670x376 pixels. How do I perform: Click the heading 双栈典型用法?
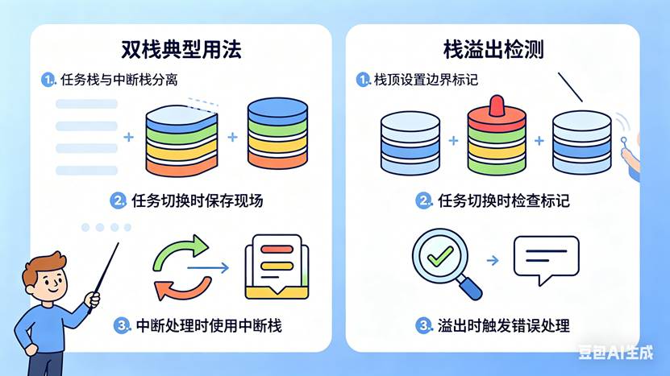pyautogui.click(x=181, y=50)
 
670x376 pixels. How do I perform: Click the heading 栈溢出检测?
pyautogui.click(x=493, y=50)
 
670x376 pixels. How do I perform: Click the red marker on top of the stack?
pyautogui.click(x=496, y=105)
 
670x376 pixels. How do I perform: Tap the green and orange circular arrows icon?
pyautogui.click(x=181, y=267)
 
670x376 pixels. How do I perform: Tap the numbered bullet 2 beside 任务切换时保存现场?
pyautogui.click(x=118, y=200)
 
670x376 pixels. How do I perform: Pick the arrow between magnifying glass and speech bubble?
pyautogui.click(x=492, y=261)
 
